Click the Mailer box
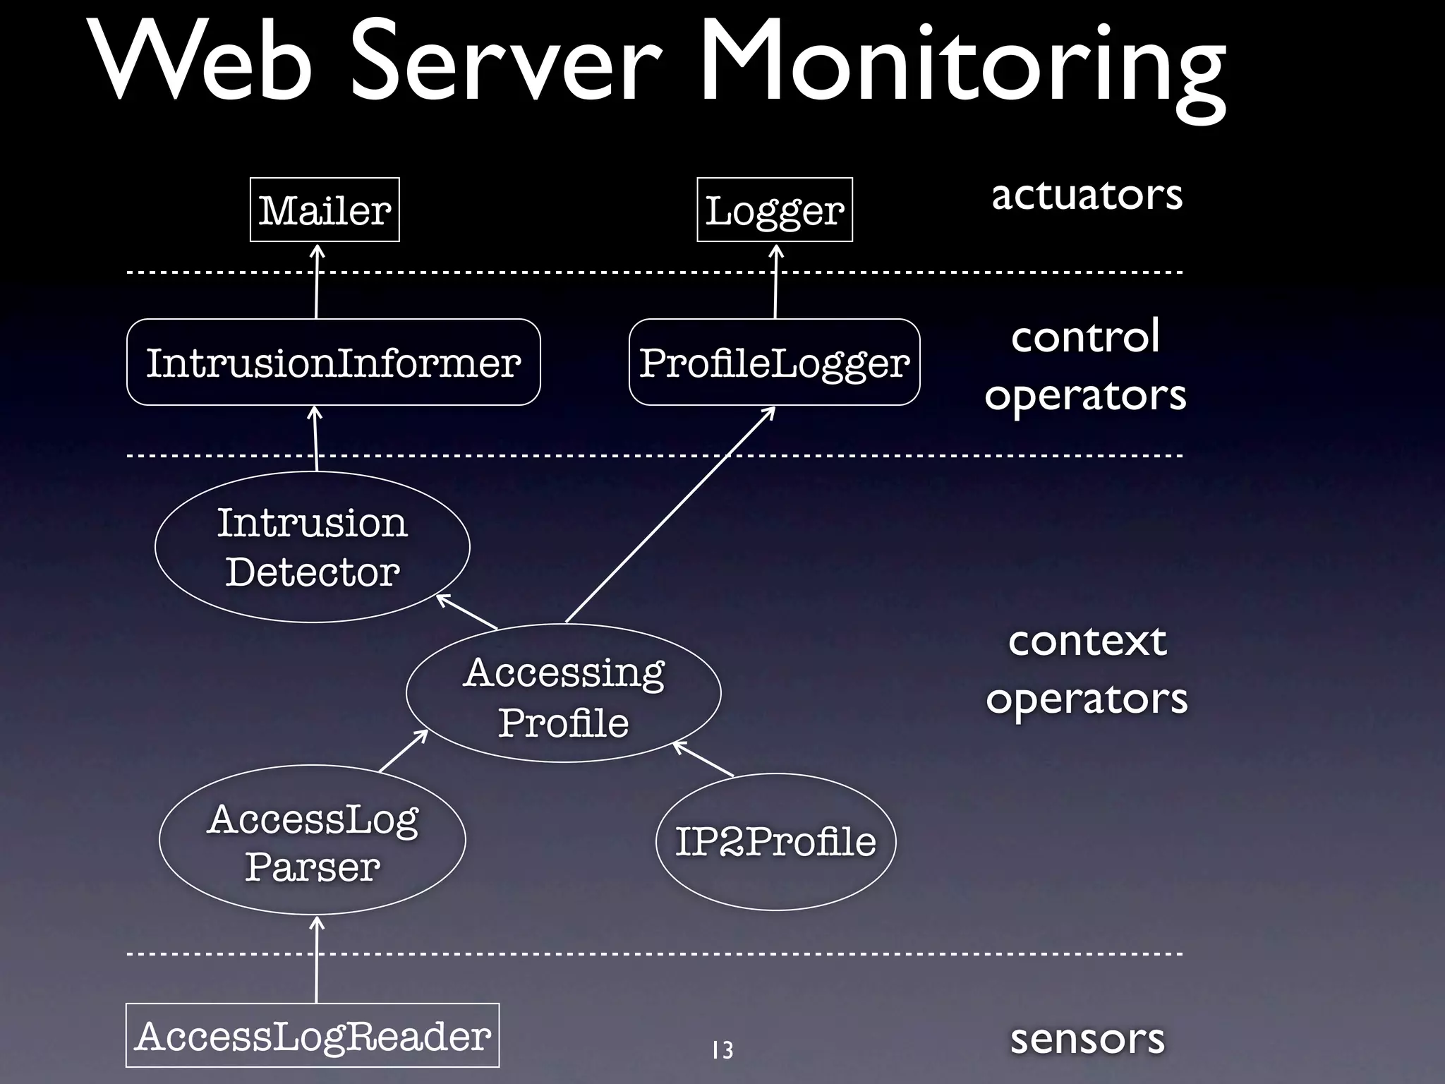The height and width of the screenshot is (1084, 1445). point(325,210)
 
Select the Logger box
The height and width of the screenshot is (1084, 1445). point(774,210)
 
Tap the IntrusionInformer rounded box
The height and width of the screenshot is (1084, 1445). point(333,362)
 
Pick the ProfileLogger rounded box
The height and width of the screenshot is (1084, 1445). point(774,362)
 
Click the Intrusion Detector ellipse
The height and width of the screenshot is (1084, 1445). point(312,547)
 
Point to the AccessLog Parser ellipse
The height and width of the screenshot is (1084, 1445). point(312,840)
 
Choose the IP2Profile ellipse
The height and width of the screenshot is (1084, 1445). point(775,841)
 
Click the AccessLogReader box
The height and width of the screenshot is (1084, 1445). point(312,1035)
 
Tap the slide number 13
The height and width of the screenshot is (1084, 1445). point(722,1050)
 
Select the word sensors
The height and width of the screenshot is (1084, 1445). point(1087,1038)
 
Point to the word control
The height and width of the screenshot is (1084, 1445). point(1085,336)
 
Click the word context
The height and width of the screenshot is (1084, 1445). point(1087,641)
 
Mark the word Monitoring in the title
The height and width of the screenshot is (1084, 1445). point(962,67)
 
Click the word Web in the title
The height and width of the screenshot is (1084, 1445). point(201,64)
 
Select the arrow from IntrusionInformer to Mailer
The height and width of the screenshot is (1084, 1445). point(316,282)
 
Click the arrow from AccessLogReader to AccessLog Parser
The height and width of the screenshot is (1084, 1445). point(316,960)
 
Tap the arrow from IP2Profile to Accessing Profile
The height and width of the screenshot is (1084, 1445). point(703,759)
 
